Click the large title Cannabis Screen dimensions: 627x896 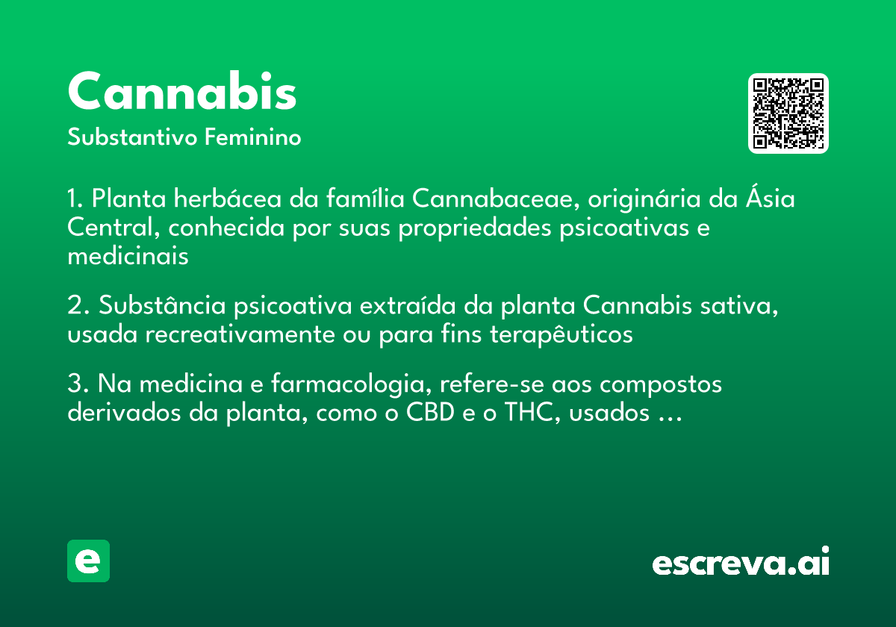(x=182, y=93)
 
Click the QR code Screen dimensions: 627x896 (x=788, y=113)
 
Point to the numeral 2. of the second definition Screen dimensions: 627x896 (x=78, y=307)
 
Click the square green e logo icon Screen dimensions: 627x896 (x=88, y=561)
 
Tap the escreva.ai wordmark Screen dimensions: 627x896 (x=741, y=562)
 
